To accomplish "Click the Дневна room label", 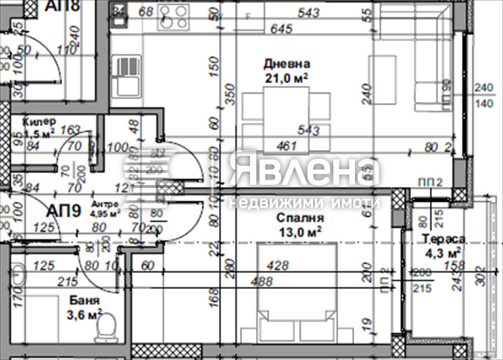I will [x=287, y=64].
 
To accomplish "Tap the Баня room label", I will [x=84, y=301].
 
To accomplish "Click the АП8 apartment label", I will [x=62, y=7].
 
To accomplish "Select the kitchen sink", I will [x=126, y=76].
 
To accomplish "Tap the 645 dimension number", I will [x=281, y=29].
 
